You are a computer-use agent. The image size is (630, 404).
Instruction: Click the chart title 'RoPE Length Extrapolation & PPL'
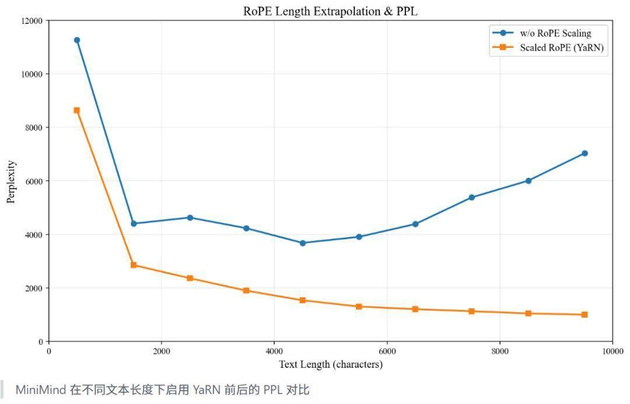(x=330, y=11)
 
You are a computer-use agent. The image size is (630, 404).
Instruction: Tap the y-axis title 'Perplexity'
(x=11, y=182)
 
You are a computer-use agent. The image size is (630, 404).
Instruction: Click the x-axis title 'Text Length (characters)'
(x=331, y=364)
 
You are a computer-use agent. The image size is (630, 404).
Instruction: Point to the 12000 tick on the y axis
(x=32, y=21)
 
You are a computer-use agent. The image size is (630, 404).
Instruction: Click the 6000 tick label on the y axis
(x=34, y=182)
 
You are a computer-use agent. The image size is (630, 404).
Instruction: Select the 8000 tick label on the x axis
(x=500, y=351)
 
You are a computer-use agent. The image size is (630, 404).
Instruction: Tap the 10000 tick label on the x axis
(x=612, y=351)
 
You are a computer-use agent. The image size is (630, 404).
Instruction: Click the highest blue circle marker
(x=77, y=40)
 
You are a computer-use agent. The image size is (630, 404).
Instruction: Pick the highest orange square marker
(x=77, y=110)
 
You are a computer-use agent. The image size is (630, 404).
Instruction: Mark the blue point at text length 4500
(x=303, y=243)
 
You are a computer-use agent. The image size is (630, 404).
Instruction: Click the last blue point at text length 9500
(x=584, y=153)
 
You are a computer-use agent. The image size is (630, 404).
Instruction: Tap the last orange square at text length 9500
(x=584, y=314)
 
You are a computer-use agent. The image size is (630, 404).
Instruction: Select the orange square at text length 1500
(x=134, y=265)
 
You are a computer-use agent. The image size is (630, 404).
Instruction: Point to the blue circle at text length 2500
(x=190, y=218)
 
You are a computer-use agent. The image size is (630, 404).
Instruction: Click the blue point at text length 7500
(x=472, y=197)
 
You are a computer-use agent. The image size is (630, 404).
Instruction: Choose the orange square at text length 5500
(x=359, y=307)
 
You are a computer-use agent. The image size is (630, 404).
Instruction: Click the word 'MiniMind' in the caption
(x=41, y=389)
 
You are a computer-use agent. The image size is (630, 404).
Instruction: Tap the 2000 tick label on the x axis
(x=162, y=351)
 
